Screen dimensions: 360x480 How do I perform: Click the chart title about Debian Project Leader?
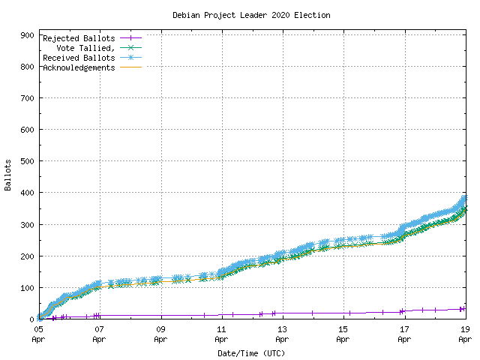coord(251,15)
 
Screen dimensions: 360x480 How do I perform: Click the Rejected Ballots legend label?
coord(79,38)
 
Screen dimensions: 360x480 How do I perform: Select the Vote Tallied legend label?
coord(86,48)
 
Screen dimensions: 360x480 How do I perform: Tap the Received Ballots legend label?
coord(79,58)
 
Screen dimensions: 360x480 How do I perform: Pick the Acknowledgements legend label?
coord(79,67)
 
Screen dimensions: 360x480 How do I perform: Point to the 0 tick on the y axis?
coord(31,319)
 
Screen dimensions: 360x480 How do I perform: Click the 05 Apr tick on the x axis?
coord(38,334)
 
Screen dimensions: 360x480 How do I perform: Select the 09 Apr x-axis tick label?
coord(160,334)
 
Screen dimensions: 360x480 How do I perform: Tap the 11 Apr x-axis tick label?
coord(221,334)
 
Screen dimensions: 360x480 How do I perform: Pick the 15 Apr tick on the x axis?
coord(343,334)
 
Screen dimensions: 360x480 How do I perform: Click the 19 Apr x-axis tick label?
coord(465,334)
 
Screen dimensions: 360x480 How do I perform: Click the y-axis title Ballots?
coord(8,175)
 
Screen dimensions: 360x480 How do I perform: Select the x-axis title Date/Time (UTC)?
coord(251,352)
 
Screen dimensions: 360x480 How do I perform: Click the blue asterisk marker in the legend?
coord(130,58)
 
